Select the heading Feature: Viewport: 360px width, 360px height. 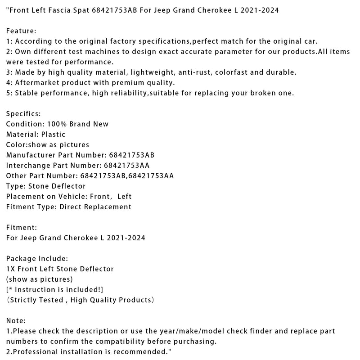pos(21,31)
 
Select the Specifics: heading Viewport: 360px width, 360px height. pos(23,114)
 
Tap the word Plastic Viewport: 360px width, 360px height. pos(53,135)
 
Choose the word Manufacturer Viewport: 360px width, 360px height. pos(28,155)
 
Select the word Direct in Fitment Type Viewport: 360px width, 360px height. pos(70,207)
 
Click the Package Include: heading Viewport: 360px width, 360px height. pos(37,259)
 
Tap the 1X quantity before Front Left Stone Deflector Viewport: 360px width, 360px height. pos(10,269)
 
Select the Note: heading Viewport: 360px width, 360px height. pos(16,321)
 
